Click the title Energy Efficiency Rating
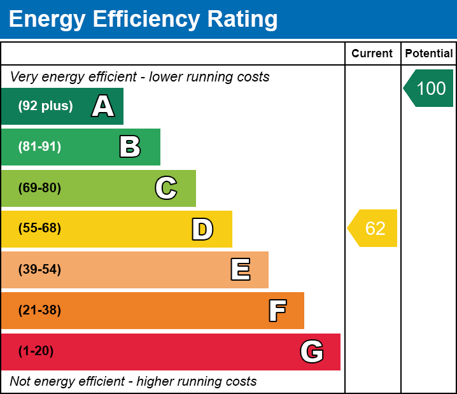point(143,20)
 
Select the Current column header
point(372,53)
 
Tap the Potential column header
point(429,53)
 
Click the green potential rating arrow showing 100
point(429,88)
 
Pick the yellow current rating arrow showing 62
point(373,228)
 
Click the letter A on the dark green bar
point(103,106)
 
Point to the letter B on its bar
point(130,147)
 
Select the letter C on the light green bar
point(166,188)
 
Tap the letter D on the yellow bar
point(202,229)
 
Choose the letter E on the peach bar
point(240,270)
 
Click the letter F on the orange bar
point(277,311)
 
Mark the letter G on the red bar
point(312,351)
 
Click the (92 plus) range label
point(45,106)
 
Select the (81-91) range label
point(39,147)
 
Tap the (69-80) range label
point(39,188)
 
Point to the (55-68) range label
point(39,229)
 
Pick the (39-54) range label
point(39,270)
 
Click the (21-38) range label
point(39,311)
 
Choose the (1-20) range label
point(36,351)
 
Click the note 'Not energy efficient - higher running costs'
point(133,381)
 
